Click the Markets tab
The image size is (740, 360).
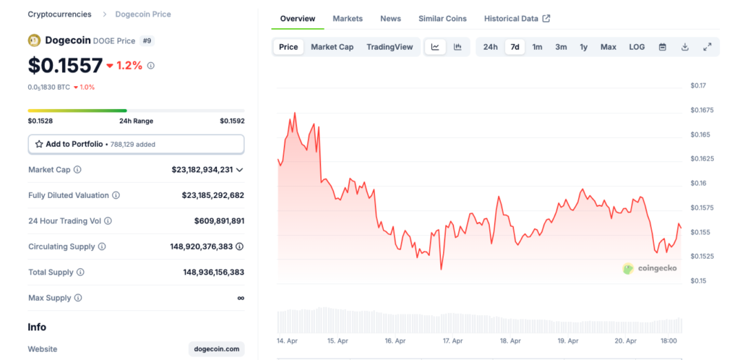[x=348, y=18]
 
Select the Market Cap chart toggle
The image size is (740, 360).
[x=332, y=47]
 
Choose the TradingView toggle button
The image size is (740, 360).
[x=390, y=47]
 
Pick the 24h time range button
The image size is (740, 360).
[x=490, y=47]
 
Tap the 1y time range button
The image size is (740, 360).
[x=583, y=47]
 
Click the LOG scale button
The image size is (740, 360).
[x=637, y=47]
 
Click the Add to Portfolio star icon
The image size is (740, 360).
[x=39, y=144]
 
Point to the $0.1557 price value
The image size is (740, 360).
[x=65, y=66]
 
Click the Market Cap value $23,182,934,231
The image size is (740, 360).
[x=202, y=170]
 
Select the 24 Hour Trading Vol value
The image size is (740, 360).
[x=219, y=221]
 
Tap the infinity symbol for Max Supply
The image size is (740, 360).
[x=240, y=298]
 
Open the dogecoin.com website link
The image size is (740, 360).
[x=216, y=349]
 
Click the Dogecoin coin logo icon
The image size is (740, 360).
[x=34, y=40]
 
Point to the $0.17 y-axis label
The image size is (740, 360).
[x=698, y=86]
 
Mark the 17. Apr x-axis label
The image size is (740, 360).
[x=452, y=340]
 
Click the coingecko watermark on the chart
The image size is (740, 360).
[x=650, y=268]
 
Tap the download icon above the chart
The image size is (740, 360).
[x=684, y=47]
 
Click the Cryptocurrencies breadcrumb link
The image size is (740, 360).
[x=59, y=14]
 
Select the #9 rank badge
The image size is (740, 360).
[x=147, y=40]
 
